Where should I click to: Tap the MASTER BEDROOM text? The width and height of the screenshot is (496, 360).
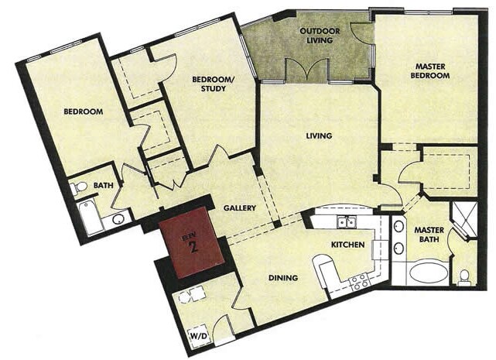[431, 70]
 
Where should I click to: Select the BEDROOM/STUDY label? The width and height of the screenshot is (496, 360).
[208, 84]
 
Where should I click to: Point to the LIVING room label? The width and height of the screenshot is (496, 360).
[319, 136]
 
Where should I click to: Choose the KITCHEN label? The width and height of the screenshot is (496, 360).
[347, 244]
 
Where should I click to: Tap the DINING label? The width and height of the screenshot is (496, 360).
[283, 278]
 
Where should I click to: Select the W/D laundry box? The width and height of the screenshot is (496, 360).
[197, 337]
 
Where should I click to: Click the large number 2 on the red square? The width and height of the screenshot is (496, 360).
[193, 247]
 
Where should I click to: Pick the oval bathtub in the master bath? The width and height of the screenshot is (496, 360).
[428, 272]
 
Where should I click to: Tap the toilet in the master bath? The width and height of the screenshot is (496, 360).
[464, 276]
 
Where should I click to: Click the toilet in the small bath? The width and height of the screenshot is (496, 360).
[80, 187]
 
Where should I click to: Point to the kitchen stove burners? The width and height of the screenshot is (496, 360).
[360, 282]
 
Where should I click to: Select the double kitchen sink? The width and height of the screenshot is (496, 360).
[347, 223]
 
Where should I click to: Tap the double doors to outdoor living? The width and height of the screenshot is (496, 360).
[307, 71]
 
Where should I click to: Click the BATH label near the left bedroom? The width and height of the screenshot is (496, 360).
[104, 186]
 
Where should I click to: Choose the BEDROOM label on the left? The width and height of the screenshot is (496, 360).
[83, 111]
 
